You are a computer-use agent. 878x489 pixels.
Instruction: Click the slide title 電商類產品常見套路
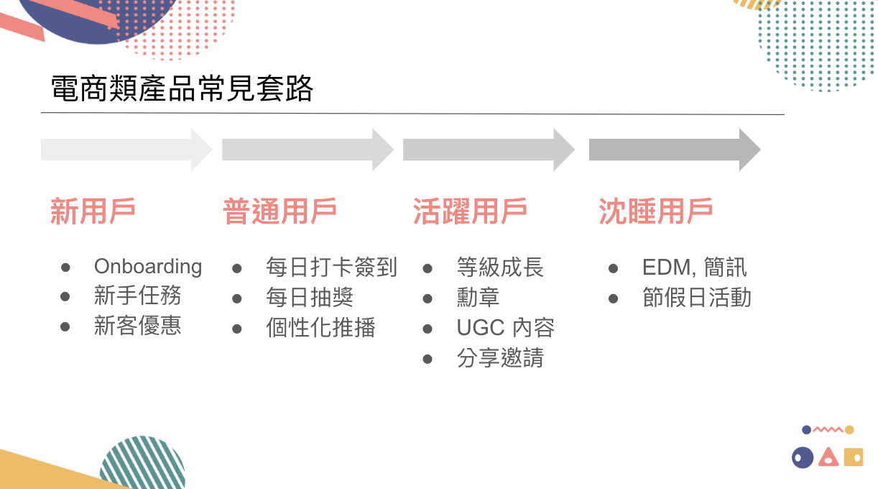point(182,90)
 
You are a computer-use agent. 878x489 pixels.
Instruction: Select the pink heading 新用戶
point(93,211)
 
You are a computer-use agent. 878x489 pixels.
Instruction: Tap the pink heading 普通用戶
point(279,211)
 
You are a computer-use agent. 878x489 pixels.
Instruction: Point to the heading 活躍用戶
point(470,211)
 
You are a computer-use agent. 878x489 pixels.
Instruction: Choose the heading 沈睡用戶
point(655,211)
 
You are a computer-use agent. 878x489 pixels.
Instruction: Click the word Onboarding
point(148,267)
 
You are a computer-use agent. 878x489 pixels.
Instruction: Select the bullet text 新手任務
point(137,296)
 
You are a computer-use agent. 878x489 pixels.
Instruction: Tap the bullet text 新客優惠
point(137,326)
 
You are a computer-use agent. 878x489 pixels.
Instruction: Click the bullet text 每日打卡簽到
point(331,268)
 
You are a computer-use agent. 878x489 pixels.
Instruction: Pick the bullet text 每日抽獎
point(309,298)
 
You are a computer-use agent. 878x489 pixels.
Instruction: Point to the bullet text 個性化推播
point(320,328)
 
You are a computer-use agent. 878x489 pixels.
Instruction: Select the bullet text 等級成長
point(500,268)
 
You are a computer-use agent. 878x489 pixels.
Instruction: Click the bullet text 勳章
point(478,298)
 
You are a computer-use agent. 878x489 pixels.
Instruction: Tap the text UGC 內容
point(505,328)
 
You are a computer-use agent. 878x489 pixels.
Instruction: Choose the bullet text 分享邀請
point(500,357)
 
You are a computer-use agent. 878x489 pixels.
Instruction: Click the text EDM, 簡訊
point(694,268)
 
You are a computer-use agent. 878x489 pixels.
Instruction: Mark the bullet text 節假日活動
point(696,298)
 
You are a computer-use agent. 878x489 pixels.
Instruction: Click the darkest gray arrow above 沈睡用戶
point(674,150)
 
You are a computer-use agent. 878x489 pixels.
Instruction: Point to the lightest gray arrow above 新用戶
point(126,150)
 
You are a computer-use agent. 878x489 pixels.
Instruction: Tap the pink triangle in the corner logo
point(828,457)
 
